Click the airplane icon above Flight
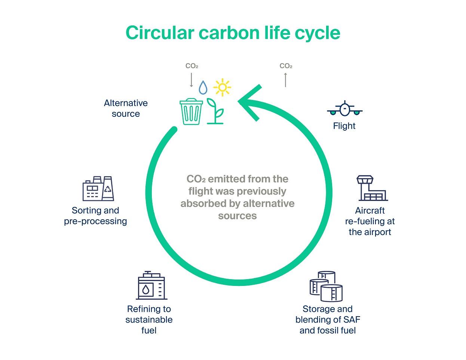pos(344,109)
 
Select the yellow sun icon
pos(222,88)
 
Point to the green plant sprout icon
pos(215,111)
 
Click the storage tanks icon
pos(326,287)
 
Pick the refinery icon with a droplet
pos(151,286)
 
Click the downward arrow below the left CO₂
pos(191,80)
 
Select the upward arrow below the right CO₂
pos(285,80)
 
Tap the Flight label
pos(344,126)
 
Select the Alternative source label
pos(126,108)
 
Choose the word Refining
pos(144,309)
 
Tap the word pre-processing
pos(95,221)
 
